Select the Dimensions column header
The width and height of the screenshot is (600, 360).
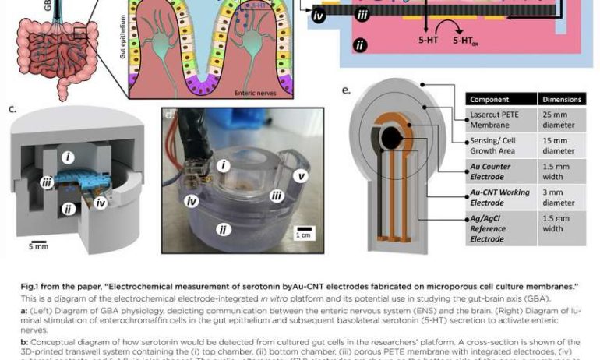click(560, 100)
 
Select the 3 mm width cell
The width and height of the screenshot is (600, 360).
click(559, 197)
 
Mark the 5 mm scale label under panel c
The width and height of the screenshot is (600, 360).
click(38, 246)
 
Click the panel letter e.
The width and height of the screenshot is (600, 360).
click(346, 89)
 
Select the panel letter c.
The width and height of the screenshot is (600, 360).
click(12, 108)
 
